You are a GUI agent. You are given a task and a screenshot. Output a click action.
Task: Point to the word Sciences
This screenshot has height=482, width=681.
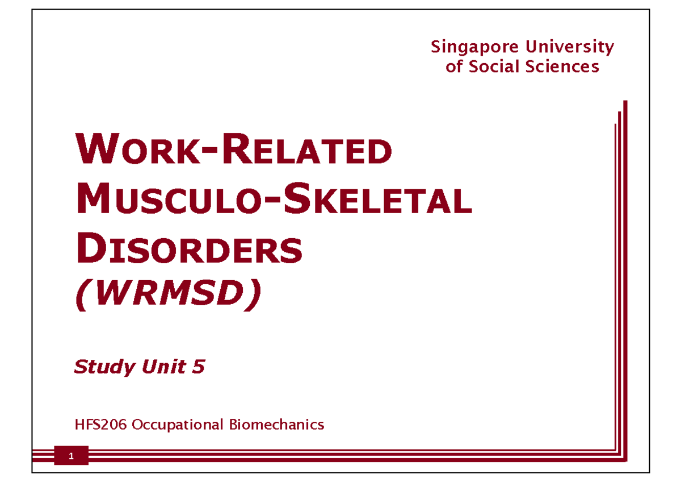click(561, 67)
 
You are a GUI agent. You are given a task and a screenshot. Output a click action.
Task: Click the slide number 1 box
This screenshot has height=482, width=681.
click(72, 456)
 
